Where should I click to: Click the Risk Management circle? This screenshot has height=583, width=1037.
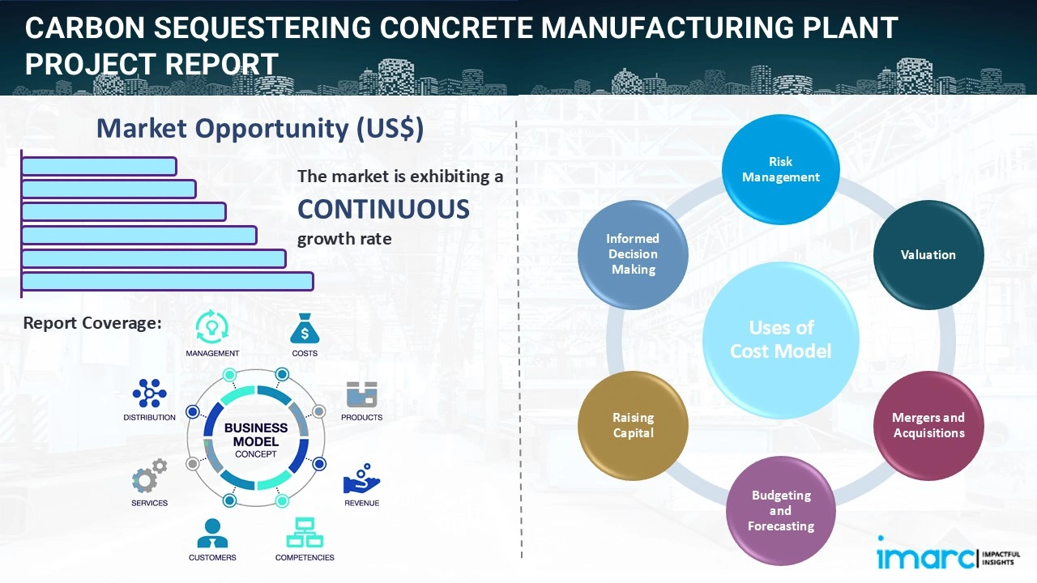pos(780,169)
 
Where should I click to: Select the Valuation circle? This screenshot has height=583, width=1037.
pos(928,255)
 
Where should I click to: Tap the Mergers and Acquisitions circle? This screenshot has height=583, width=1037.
pos(928,425)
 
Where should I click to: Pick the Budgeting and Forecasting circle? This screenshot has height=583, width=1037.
pos(780,510)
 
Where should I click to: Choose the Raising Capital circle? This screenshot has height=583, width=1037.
pos(633,425)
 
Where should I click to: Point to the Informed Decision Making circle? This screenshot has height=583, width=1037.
pos(633,254)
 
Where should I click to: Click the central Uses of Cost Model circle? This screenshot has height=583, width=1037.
pos(780,339)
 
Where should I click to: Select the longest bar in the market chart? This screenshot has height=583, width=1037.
pos(167,281)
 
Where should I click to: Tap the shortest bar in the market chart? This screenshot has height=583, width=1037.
pos(99,166)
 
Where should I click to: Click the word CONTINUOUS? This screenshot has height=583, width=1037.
pos(383,210)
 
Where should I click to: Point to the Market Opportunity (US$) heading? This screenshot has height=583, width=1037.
pos(259,129)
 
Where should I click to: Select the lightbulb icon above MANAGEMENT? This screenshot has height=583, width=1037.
pos(212,326)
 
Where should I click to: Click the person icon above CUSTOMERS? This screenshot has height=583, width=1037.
pos(212,533)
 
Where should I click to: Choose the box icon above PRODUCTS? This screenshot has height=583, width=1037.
pos(362,394)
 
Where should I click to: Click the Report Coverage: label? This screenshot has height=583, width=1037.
pos(92,323)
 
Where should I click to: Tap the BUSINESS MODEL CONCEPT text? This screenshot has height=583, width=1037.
pos(256,440)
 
